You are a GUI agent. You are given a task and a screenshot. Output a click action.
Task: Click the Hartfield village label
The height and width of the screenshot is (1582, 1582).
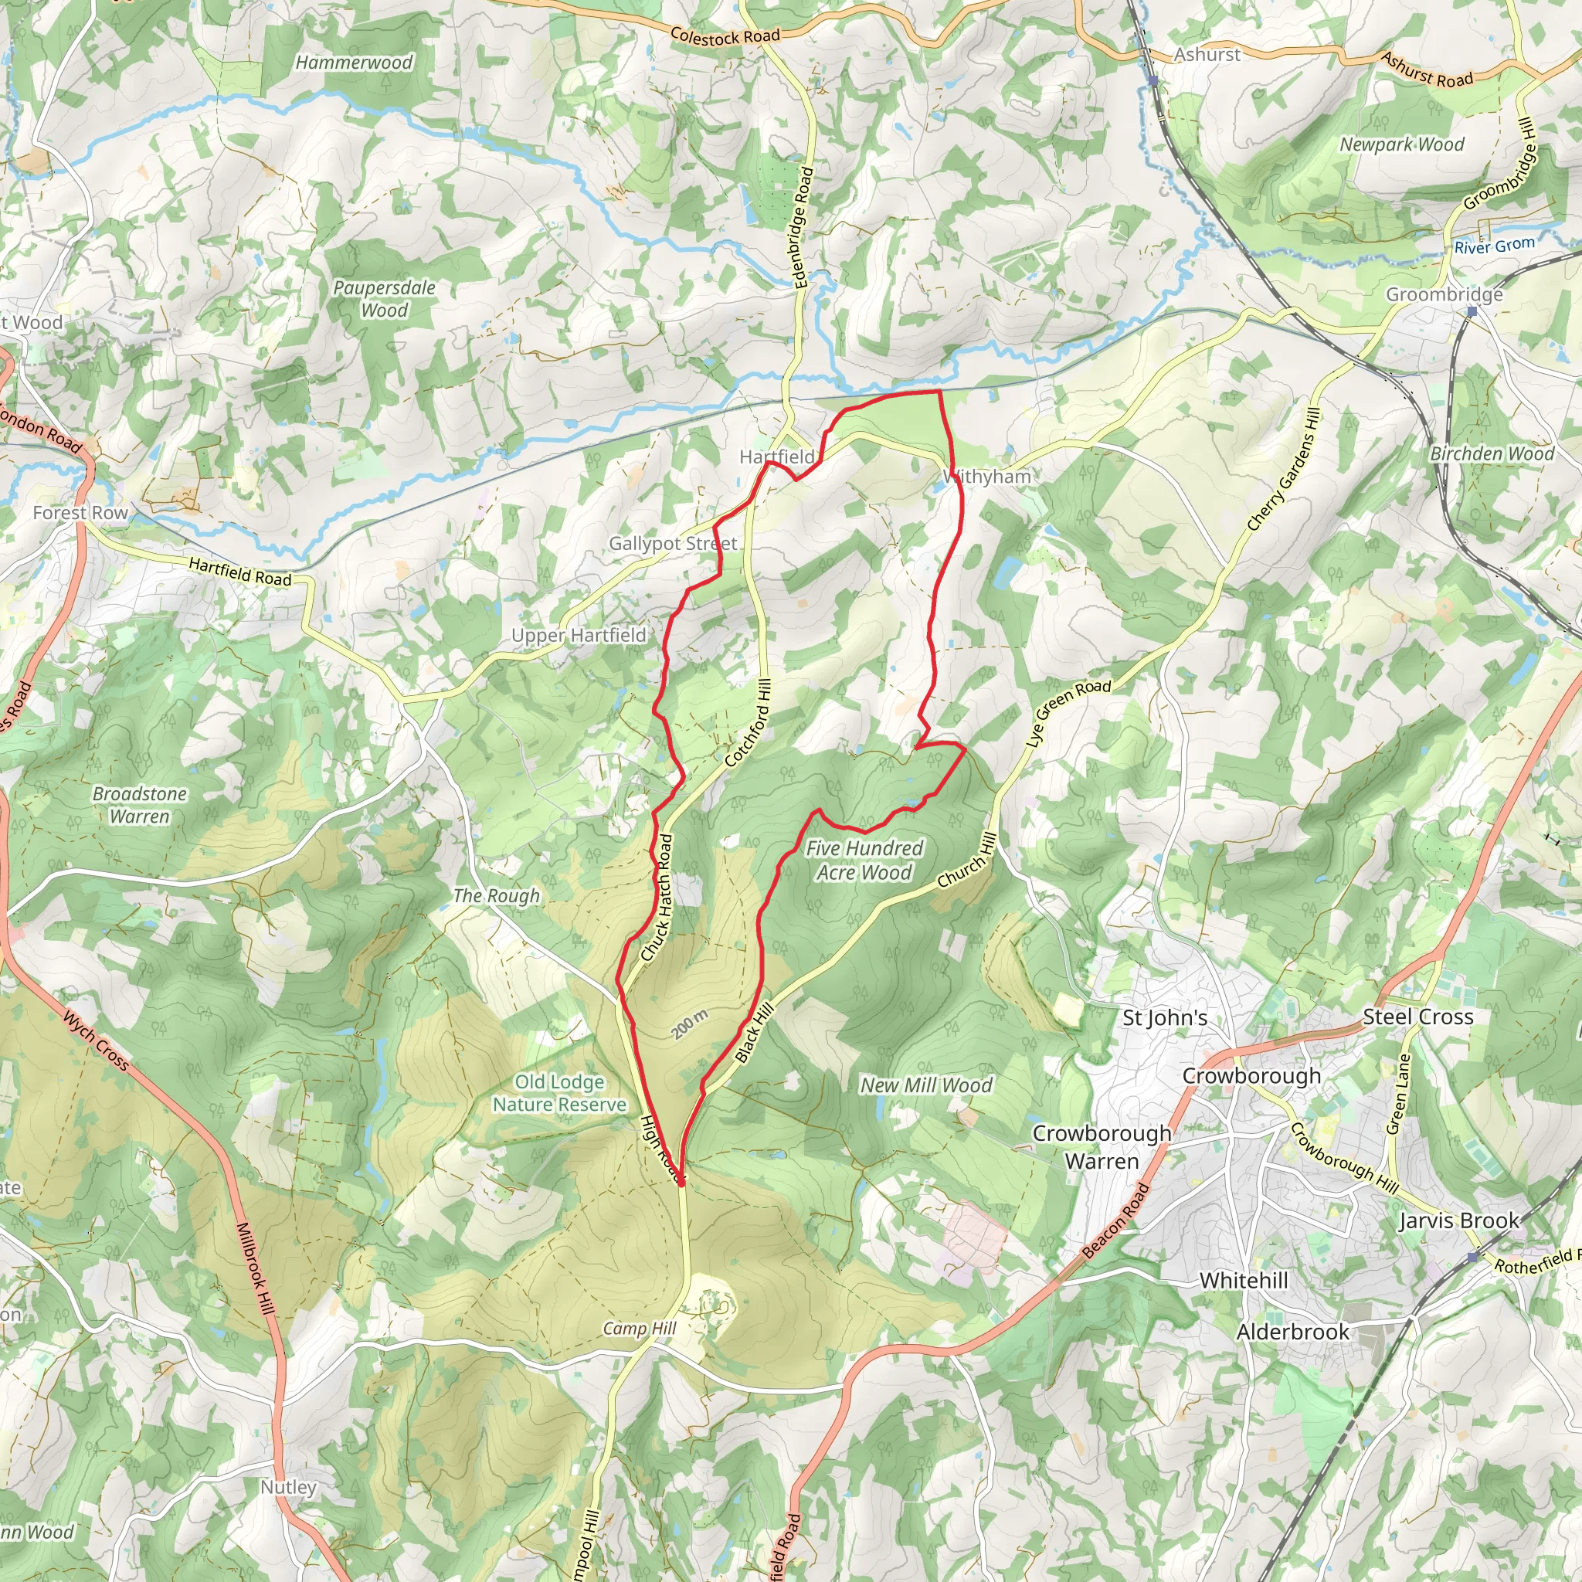click(x=777, y=457)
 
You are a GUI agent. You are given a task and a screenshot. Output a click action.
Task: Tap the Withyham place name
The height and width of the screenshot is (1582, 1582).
click(x=987, y=477)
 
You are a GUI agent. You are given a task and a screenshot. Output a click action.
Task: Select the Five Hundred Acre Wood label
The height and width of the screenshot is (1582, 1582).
click(x=864, y=861)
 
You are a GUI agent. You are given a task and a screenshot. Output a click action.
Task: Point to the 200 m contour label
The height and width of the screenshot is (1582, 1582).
click(x=690, y=1025)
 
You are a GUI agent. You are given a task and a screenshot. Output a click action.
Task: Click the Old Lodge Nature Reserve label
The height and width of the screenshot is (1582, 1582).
click(x=559, y=1093)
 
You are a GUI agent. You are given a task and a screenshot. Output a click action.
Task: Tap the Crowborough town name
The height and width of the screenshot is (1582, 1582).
click(x=1251, y=1076)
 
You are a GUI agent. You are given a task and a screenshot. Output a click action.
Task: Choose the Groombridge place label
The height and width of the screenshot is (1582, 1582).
click(x=1445, y=294)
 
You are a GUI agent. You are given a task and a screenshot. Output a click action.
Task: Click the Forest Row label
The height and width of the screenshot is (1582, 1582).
click(x=80, y=513)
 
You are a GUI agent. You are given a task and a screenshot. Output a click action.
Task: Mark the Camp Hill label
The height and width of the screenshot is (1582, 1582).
click(x=640, y=1328)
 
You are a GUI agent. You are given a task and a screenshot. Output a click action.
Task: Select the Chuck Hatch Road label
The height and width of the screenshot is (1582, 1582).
click(x=657, y=898)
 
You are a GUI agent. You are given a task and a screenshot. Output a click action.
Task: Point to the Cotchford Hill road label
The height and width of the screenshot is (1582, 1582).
click(x=748, y=723)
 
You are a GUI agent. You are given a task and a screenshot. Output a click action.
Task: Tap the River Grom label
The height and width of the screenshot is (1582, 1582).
click(x=1495, y=246)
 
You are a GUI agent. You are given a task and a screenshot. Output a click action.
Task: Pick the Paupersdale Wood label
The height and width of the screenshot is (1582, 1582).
click(x=384, y=299)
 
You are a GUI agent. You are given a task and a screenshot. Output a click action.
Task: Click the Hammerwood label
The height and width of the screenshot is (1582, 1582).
click(x=354, y=63)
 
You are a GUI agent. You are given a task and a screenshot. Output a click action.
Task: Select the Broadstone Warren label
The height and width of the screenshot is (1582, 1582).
click(x=139, y=805)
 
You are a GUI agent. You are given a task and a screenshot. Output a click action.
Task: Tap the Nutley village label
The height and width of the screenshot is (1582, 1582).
click(x=288, y=1487)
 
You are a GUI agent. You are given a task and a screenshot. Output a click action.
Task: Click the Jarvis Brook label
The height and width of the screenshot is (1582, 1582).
click(x=1459, y=1221)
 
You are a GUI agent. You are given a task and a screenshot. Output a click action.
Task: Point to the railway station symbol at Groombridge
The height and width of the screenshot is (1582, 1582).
click(x=1472, y=312)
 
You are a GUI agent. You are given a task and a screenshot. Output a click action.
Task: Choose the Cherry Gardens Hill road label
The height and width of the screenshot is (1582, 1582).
click(x=1284, y=469)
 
